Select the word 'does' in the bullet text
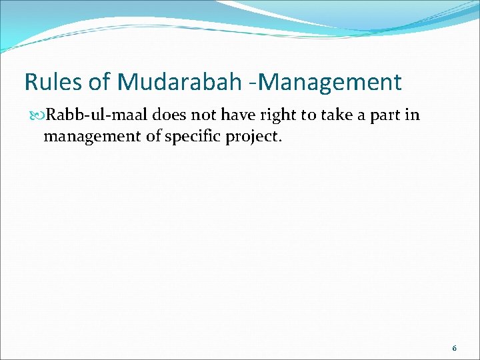point(170,115)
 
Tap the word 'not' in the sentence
point(205,115)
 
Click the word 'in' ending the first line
point(414,115)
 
